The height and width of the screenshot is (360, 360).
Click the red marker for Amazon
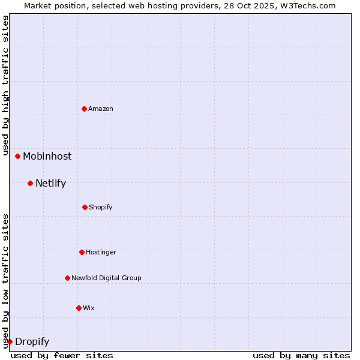point(84,109)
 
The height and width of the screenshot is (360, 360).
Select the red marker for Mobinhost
point(18,156)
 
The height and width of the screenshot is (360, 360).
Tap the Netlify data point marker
point(30,183)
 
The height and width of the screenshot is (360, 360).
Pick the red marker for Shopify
point(85,207)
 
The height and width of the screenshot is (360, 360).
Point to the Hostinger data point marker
point(82,252)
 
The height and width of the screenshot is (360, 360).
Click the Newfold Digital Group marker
point(67,278)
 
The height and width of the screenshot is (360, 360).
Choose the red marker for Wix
point(79,308)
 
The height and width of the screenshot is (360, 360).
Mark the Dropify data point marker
point(10,341)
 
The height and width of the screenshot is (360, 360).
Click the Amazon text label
point(101,109)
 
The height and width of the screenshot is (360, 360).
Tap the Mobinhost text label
point(47,156)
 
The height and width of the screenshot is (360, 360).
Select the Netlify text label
point(50,183)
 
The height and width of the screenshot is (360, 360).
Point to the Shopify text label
point(101,207)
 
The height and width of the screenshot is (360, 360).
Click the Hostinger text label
point(101,252)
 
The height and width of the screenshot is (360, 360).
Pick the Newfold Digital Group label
point(106,278)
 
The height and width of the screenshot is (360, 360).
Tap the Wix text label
point(89,308)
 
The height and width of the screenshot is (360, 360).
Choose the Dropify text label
point(32,342)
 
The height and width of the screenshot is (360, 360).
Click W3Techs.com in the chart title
point(307,5)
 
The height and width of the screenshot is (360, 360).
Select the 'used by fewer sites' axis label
point(62,355)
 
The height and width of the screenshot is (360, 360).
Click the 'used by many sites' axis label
point(301,355)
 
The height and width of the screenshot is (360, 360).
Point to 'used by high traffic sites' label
point(5,85)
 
